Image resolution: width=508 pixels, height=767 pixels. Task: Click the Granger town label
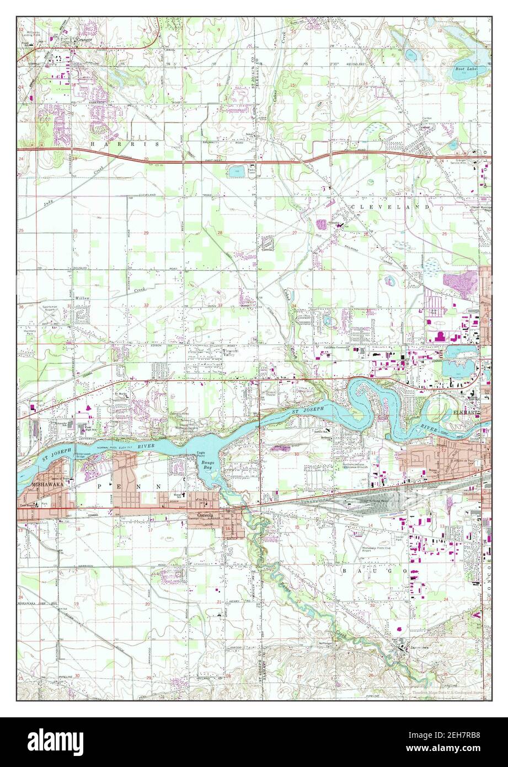pos(85,40)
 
